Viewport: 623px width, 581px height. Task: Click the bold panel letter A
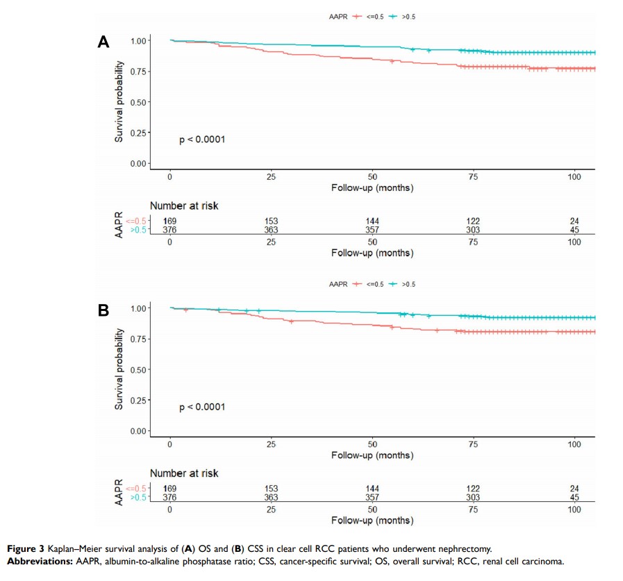(x=103, y=42)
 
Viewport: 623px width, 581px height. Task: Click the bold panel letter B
(x=103, y=310)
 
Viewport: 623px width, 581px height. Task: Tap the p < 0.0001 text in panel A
(x=202, y=140)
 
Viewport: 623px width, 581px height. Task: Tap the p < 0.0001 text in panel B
(x=202, y=407)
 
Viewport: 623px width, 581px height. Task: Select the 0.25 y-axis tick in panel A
(x=139, y=133)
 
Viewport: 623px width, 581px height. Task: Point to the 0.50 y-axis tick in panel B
(x=139, y=369)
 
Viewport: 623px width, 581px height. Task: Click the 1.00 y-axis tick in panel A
(x=139, y=41)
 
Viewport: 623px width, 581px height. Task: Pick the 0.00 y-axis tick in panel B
(x=139, y=431)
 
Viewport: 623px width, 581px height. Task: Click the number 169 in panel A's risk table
(x=170, y=221)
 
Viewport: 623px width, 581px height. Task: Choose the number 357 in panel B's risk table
(x=372, y=498)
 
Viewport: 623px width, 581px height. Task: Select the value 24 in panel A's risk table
(x=574, y=221)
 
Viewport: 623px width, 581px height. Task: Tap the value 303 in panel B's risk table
(x=473, y=498)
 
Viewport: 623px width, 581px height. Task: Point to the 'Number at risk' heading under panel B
(x=184, y=473)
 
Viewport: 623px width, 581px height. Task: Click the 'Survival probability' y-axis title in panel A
(x=119, y=101)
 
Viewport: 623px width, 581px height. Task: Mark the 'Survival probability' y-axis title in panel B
(x=119, y=369)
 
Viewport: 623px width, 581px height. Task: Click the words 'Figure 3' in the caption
(x=24, y=549)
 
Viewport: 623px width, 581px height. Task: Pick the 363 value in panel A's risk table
(x=271, y=230)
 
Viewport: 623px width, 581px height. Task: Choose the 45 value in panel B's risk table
(x=574, y=498)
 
